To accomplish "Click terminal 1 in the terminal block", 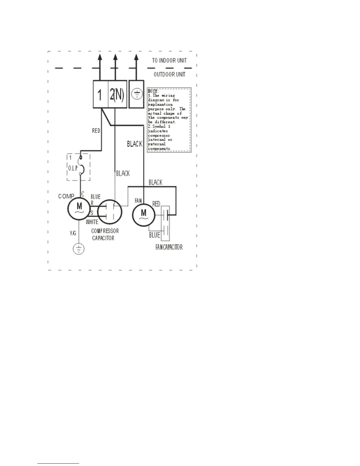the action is coord(100,94).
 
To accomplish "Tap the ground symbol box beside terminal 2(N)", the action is coord(136,94).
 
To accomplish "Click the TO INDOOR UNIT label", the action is coord(169,60).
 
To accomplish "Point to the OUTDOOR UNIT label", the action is coord(169,74).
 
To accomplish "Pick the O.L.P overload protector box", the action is coord(78,167).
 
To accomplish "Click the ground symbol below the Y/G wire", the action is coord(79,249).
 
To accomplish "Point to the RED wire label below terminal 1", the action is coord(96,131).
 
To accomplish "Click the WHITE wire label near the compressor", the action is coord(92,222).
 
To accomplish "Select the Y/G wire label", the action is coord(73,233).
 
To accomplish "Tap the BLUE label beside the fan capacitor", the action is coord(155,235).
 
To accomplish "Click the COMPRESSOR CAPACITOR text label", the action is coord(105,234).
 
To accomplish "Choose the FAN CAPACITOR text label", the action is coord(169,247).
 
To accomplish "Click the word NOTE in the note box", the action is coord(153,91).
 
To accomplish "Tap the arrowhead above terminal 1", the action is coord(100,57).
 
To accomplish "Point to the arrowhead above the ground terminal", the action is coord(136,57).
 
